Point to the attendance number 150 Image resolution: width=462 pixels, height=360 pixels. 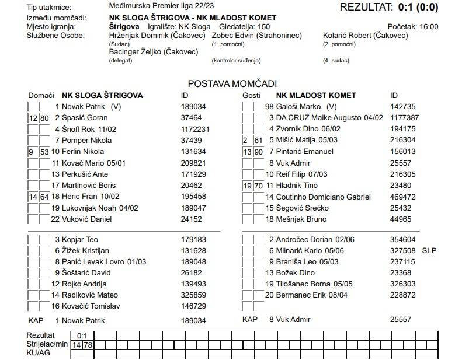(x=263, y=27)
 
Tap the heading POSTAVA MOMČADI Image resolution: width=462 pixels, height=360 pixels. (x=232, y=84)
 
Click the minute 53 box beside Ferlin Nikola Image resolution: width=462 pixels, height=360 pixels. (x=44, y=152)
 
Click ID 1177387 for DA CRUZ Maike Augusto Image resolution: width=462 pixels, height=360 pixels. (x=404, y=118)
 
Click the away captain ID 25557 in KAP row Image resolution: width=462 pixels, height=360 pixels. (x=401, y=320)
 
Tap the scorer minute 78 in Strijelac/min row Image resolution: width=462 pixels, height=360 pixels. (x=88, y=345)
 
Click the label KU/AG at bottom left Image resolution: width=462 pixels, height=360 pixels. (x=39, y=354)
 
